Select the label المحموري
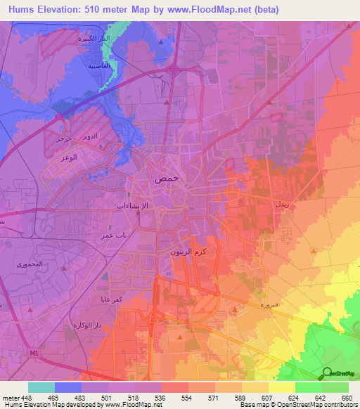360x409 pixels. tap(30, 264)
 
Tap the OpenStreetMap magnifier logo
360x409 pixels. tap(328, 372)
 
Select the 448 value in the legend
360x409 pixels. tap(25, 398)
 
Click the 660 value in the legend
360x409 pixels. tap(345, 398)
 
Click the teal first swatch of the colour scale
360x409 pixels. tap(41, 387)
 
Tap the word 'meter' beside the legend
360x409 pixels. tap(11, 398)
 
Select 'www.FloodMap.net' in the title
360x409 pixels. tap(212, 9)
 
